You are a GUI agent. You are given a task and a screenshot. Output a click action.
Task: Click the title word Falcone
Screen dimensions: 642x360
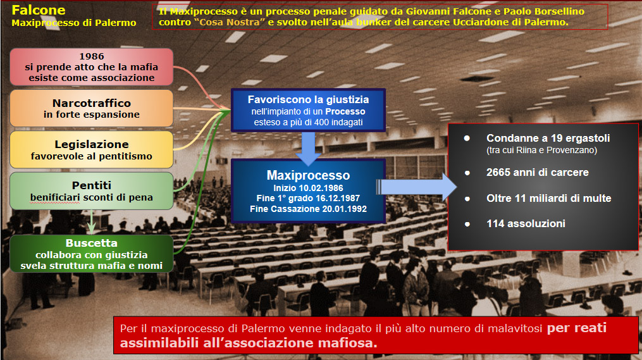tap(39, 10)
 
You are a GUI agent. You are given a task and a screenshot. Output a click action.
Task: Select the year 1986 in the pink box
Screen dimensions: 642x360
tap(92, 56)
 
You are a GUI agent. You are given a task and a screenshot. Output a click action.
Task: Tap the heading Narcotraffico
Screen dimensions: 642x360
tap(92, 102)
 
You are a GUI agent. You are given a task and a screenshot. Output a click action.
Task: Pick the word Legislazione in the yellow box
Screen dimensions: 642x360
tap(92, 144)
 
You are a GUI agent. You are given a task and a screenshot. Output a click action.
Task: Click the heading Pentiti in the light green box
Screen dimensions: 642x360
tap(92, 185)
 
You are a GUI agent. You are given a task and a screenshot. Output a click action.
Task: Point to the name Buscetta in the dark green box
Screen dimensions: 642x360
tap(92, 243)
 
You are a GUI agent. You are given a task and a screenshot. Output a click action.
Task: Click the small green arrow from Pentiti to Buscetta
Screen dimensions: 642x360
tap(91, 221)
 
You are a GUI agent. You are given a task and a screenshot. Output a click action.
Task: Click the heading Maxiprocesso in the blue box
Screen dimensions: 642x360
tap(308, 175)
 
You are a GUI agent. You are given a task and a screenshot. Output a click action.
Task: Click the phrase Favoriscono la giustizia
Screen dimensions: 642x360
tap(308, 99)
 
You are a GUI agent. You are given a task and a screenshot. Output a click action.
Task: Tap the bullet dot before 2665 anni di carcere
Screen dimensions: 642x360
tap(467, 173)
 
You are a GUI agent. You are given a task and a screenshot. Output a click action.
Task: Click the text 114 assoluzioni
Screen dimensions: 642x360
tap(526, 223)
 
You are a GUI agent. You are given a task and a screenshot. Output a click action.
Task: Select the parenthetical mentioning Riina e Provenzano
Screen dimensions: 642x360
tap(541, 151)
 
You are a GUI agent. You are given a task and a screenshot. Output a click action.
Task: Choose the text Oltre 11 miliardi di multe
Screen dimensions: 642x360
tap(548, 198)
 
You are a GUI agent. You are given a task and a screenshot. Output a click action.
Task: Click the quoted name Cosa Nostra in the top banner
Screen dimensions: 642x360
tap(229, 22)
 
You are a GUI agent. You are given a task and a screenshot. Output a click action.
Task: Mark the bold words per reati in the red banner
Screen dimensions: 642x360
tap(576, 328)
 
